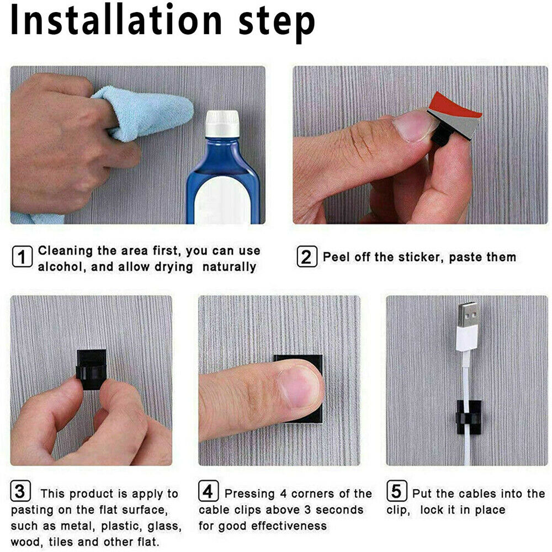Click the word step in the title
(277, 24)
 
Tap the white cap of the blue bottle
(222, 124)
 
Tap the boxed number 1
(22, 257)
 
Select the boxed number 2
(306, 257)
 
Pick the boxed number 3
(20, 490)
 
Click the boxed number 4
(208, 490)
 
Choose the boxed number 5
(396, 490)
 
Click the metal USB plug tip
(468, 315)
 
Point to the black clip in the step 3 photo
(91, 369)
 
